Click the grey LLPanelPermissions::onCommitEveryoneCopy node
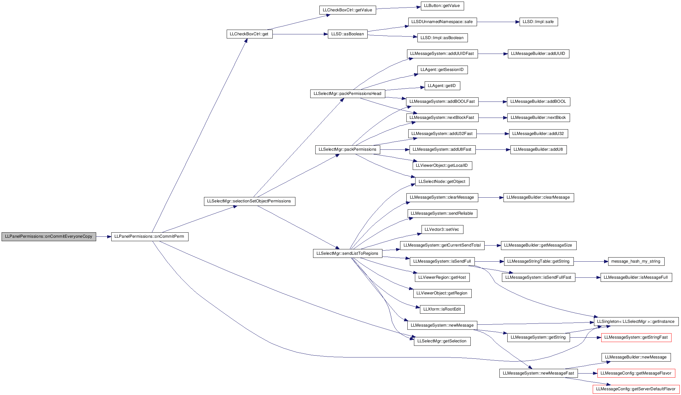tap(49, 236)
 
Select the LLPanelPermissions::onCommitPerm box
tap(150, 236)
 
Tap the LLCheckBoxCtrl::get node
tap(249, 34)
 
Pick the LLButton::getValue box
tap(442, 6)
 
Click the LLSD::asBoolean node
tap(348, 34)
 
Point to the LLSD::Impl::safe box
tap(538, 22)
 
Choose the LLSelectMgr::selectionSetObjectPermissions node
tap(249, 201)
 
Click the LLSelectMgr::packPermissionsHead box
tap(347, 94)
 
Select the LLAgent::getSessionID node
tap(442, 70)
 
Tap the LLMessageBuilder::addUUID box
tap(538, 54)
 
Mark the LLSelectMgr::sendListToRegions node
tap(347, 253)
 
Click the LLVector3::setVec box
tap(442, 229)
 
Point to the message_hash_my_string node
tap(636, 261)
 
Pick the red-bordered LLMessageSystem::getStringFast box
tap(636, 337)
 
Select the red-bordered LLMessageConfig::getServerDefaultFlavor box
tap(636, 389)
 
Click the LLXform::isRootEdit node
tap(442, 309)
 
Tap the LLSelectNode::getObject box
tap(442, 182)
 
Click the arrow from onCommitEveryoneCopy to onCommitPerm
tap(104, 236)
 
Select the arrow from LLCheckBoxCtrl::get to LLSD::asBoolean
tap(300, 34)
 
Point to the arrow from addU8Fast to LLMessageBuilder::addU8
tap(493, 149)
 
